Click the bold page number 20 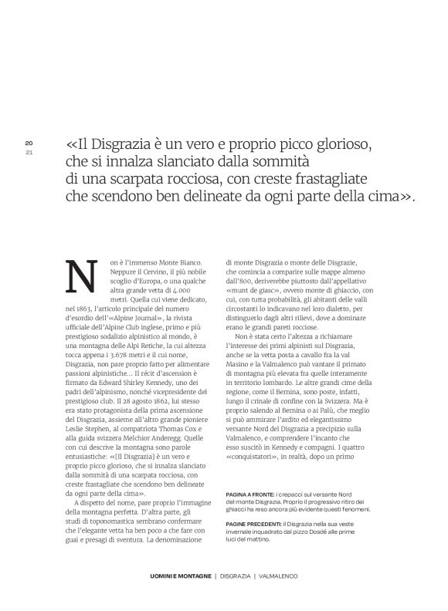pyautogui.click(x=29, y=143)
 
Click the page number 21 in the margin pyautogui.click(x=29, y=151)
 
